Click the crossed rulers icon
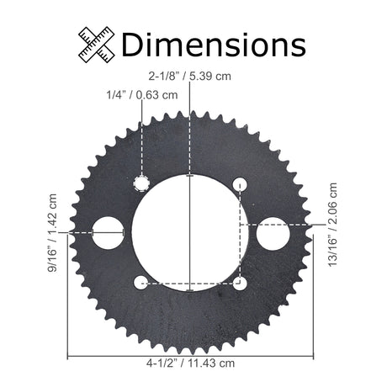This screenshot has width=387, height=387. [97, 45]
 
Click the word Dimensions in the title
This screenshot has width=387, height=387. [214, 45]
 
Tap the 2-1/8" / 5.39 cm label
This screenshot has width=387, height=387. [190, 76]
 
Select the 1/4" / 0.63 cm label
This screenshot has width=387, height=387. [142, 95]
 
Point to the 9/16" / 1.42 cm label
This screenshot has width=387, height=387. [52, 233]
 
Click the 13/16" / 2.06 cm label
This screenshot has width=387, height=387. [332, 225]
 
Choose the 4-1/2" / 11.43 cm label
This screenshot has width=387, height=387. [190, 363]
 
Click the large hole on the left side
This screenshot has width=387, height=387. [109, 233]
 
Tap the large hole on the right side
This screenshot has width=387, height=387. [273, 234]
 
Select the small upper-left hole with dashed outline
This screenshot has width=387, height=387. [141, 184]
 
